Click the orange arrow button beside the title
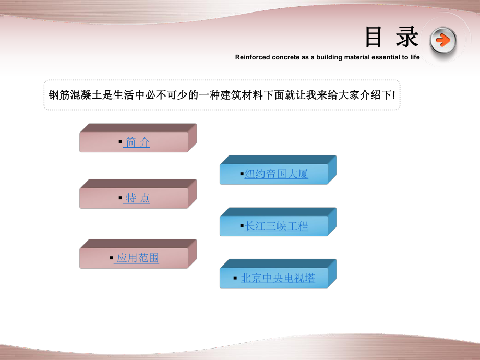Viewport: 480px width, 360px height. pyautogui.click(x=443, y=40)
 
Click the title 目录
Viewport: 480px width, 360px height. pyautogui.click(x=391, y=38)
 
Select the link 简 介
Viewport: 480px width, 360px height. pyautogui.click(x=136, y=142)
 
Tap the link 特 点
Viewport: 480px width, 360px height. pyautogui.click(x=136, y=198)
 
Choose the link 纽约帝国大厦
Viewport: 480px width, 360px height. pyautogui.click(x=277, y=174)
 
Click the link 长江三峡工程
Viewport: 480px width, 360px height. pyautogui.click(x=277, y=226)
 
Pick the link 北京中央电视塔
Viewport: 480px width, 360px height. pyautogui.click(x=278, y=278)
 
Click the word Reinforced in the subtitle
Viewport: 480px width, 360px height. pyautogui.click(x=253, y=57)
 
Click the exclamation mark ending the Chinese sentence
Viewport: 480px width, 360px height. pyautogui.click(x=393, y=95)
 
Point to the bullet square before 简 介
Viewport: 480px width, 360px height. pyautogui.click(x=120, y=142)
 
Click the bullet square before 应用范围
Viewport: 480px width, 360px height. pyautogui.click(x=111, y=258)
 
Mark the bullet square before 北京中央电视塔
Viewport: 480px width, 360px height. pyautogui.click(x=235, y=278)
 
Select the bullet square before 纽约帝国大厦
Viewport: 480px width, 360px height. pyautogui.click(x=242, y=174)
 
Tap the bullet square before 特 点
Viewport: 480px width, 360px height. pyautogui.click(x=120, y=198)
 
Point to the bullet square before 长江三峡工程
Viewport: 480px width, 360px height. pyautogui.click(x=242, y=226)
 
